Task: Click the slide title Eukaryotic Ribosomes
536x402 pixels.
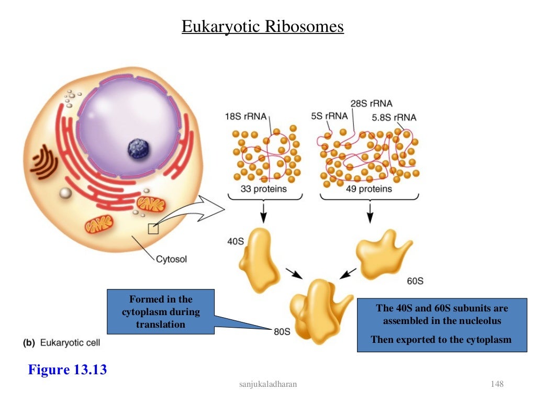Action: click(x=262, y=26)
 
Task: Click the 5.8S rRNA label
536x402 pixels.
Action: click(x=394, y=118)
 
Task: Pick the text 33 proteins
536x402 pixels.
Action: click(x=264, y=188)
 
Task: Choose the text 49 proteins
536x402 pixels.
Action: click(x=368, y=188)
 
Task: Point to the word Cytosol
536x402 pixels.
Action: click(x=171, y=259)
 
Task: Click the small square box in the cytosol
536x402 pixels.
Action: click(x=153, y=229)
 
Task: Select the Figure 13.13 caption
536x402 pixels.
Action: click(x=68, y=370)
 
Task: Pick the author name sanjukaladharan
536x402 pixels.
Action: click(x=267, y=385)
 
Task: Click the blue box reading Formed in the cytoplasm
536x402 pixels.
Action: click(x=161, y=311)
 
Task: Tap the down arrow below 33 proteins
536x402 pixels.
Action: click(x=263, y=211)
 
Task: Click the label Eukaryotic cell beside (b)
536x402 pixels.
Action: click(x=69, y=343)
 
